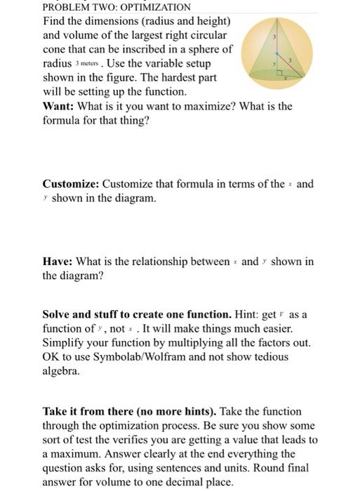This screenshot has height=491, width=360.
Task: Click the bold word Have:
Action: (x=58, y=262)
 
